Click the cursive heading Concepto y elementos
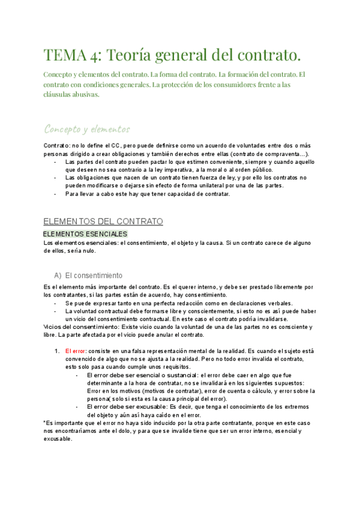coord(87,129)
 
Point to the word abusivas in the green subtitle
coord(82,94)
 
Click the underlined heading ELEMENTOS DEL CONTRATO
coord(103,221)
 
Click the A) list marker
coord(58,276)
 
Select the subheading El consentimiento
coord(94,276)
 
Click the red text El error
coord(76,351)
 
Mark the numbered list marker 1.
coord(56,351)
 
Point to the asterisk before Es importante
coord(45,423)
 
